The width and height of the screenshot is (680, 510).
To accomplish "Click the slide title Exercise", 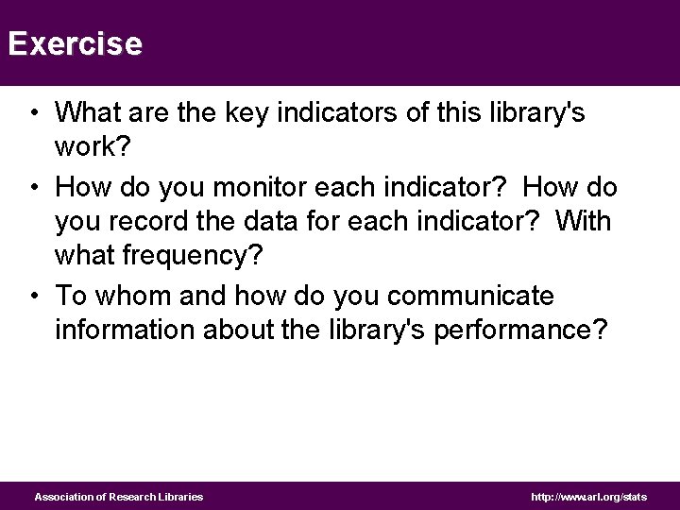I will click(x=75, y=43).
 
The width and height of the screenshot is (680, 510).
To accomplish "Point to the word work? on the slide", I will click(x=92, y=148).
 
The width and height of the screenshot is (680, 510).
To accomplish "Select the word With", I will click(x=584, y=222).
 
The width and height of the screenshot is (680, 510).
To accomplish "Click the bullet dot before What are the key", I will click(x=33, y=114).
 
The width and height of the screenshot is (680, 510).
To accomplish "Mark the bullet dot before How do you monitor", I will click(x=33, y=188).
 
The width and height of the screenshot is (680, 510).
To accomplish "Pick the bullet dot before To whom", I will click(x=33, y=297).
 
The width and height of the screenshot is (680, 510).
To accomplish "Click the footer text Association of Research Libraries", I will click(x=119, y=497).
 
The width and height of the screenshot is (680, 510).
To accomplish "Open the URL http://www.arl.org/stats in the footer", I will click(x=588, y=497).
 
